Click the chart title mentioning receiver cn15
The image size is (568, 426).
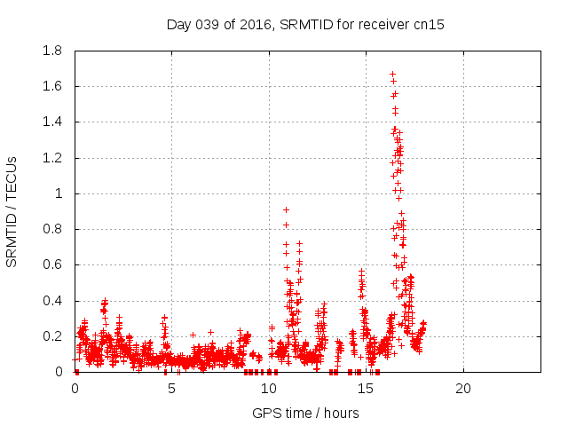coord(305,25)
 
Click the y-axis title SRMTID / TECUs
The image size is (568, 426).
coord(12,211)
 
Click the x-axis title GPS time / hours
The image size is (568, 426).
coord(305,413)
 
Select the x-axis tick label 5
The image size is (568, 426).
coord(172,389)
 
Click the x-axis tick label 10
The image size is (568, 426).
coord(269,389)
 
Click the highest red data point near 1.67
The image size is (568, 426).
coord(392,75)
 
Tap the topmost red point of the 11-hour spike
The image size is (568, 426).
coord(286,209)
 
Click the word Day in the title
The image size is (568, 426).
coord(178,25)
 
